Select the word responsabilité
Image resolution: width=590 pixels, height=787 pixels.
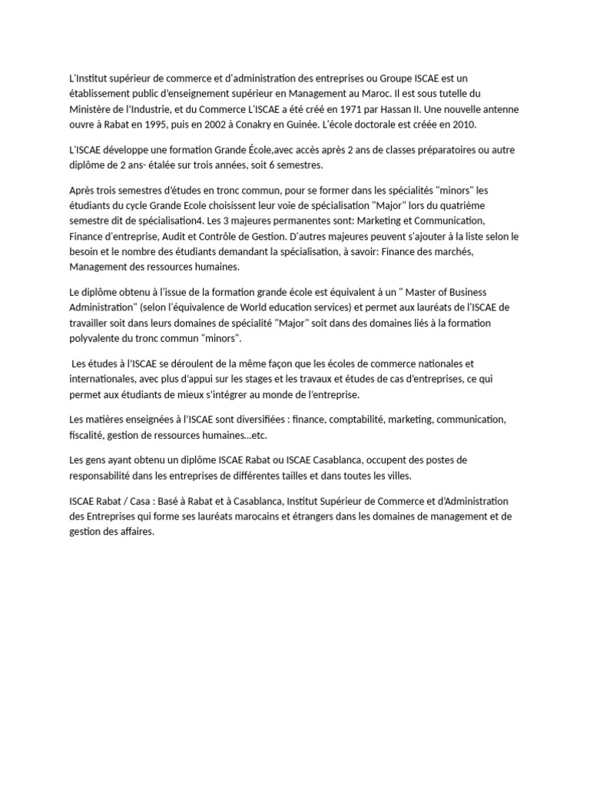[x=105, y=475]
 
